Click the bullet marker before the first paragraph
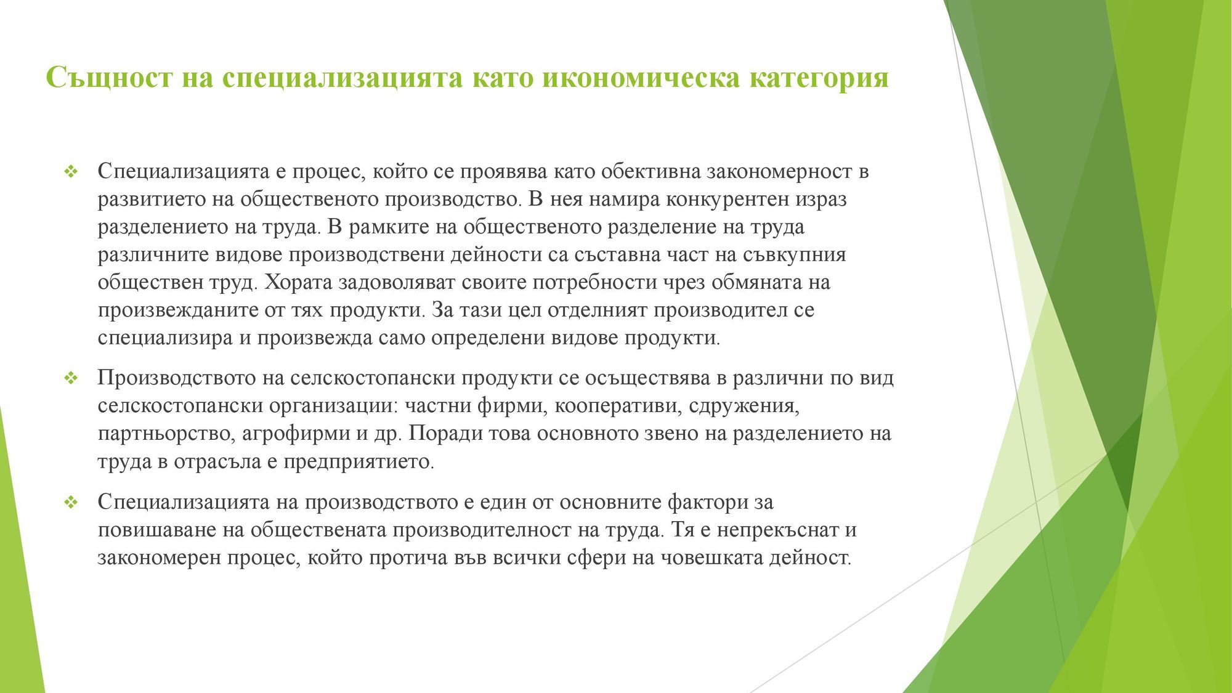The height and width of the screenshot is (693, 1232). [x=71, y=171]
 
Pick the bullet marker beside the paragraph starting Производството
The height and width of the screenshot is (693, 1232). [x=71, y=378]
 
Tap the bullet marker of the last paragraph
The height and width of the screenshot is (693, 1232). [x=71, y=502]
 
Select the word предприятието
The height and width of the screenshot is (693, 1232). [x=359, y=461]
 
